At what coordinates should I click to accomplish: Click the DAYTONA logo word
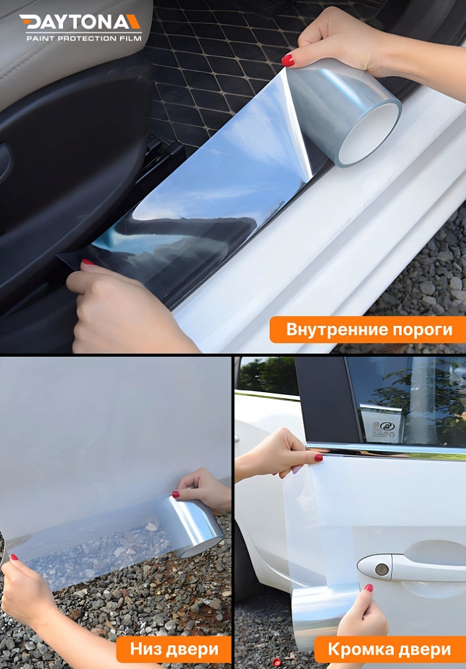74,23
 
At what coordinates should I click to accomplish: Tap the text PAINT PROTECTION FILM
84,38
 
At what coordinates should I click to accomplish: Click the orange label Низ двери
173,649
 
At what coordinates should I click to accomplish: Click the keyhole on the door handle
381,568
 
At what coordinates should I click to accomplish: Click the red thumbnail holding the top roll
288,60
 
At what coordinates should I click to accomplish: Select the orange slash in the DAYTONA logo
134,23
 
